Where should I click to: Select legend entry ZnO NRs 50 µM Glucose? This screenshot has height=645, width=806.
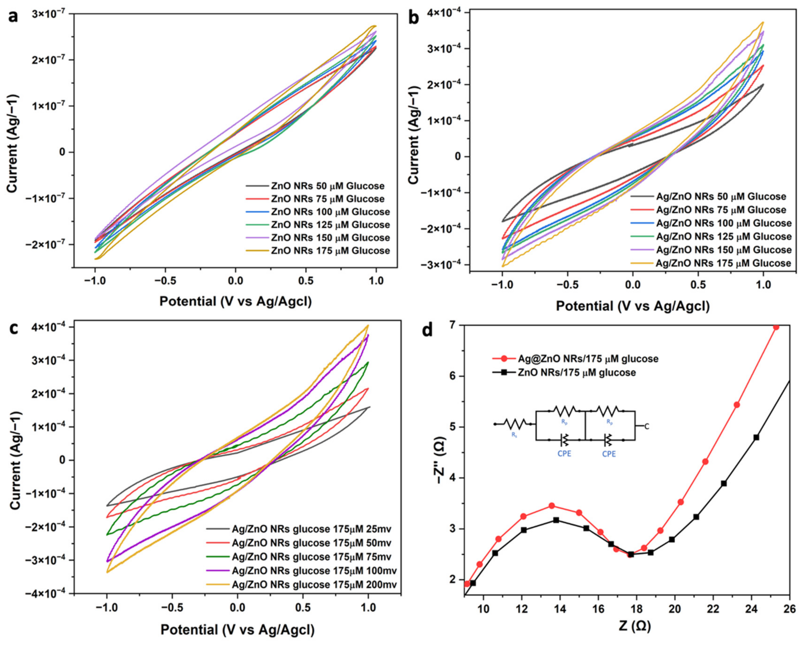point(327,186)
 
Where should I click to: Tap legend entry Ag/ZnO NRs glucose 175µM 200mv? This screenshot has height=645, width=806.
point(314,584)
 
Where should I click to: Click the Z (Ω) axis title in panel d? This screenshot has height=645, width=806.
point(634,625)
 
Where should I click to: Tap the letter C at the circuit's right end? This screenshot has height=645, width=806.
point(647,426)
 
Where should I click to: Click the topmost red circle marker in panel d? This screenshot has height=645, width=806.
point(776,327)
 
